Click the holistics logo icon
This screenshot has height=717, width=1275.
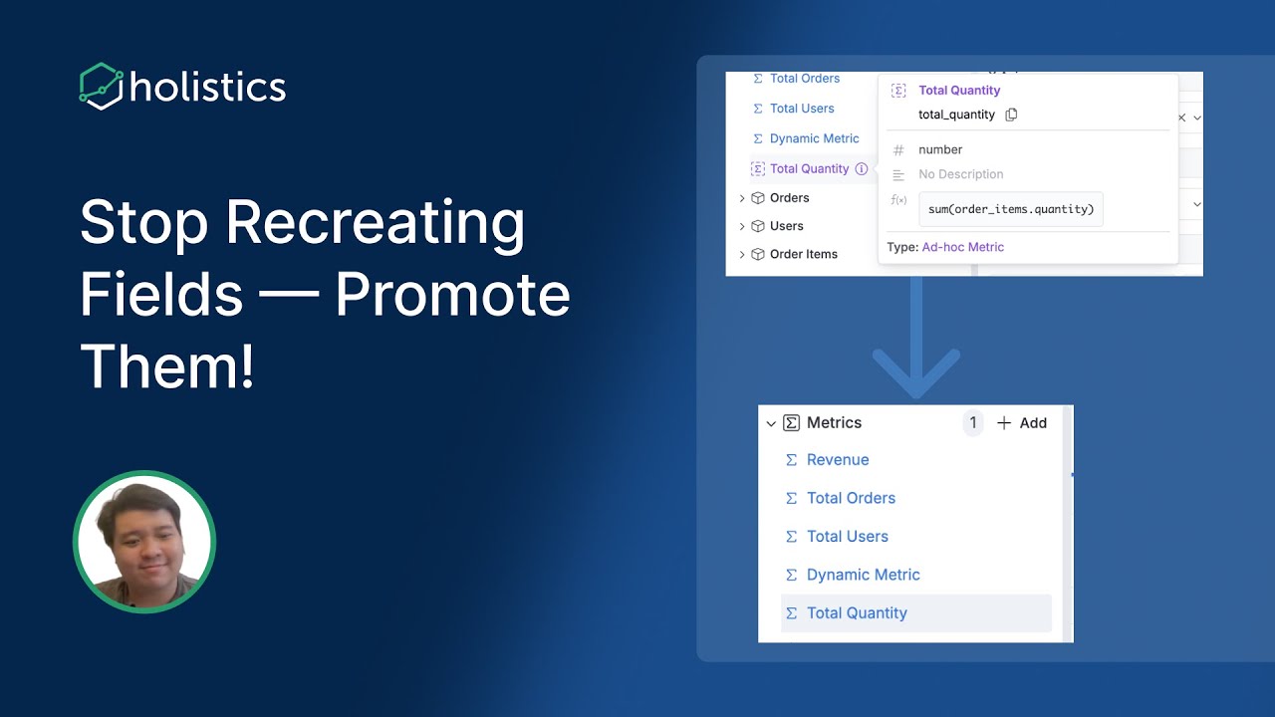102,86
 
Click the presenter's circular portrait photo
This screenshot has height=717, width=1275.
144,542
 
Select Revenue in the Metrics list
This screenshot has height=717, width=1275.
837,460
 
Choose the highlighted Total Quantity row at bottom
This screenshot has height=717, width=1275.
857,613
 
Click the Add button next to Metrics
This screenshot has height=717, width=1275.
1022,423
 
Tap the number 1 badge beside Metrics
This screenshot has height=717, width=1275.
973,423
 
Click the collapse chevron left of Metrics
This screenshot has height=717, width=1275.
771,424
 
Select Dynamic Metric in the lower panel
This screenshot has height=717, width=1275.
863,575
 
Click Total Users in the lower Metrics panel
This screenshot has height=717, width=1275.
847,537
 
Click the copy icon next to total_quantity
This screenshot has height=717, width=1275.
1011,115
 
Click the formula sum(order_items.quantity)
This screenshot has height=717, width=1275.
1010,209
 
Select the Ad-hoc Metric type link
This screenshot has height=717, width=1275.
962,247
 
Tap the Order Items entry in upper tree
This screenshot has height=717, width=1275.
803,254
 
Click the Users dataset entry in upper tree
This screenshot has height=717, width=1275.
786,226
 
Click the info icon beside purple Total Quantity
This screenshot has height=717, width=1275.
862,169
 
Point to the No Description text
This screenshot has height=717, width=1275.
960,174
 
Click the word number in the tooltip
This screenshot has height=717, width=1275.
940,149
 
